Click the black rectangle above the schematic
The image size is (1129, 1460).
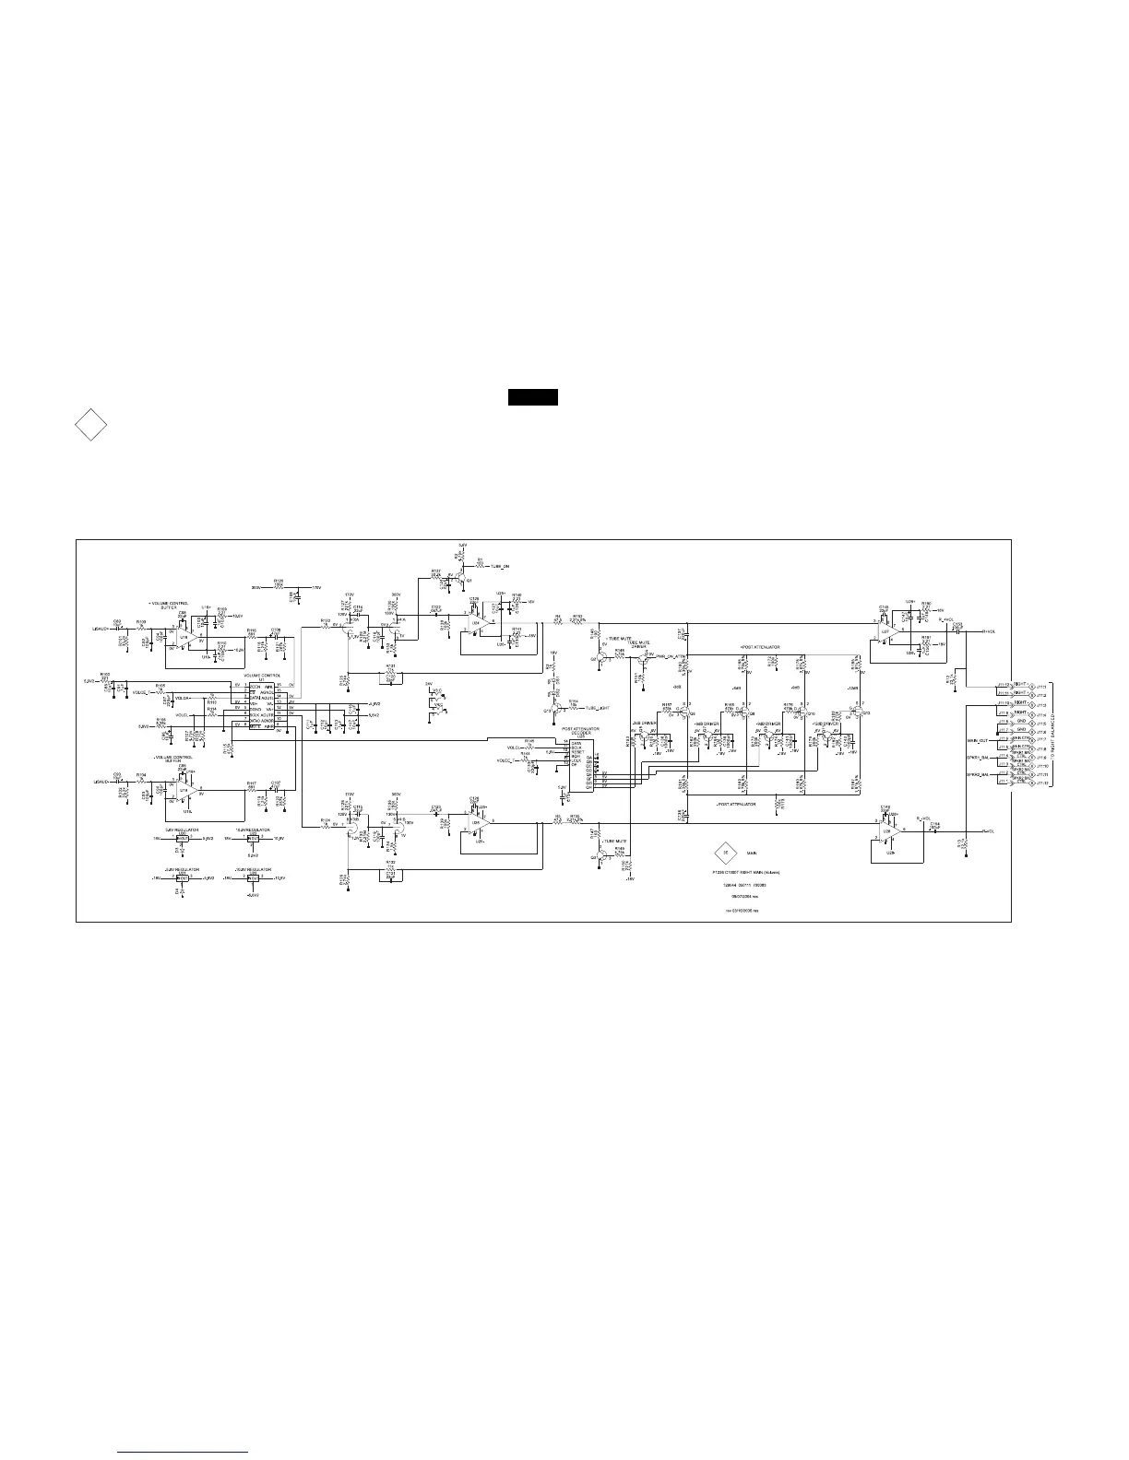pyautogui.click(x=533, y=398)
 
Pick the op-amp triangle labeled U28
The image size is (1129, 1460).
pyautogui.click(x=887, y=831)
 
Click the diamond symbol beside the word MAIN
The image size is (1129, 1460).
pyautogui.click(x=724, y=854)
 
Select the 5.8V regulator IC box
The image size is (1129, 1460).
pyautogui.click(x=183, y=839)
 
